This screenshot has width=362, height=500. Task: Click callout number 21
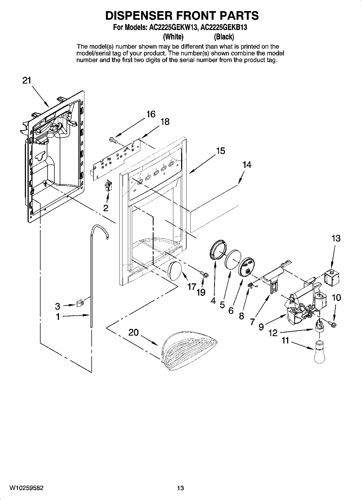pyautogui.click(x=27, y=81)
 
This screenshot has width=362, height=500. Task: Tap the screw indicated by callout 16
pyautogui.click(x=112, y=140)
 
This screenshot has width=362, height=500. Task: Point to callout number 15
pyautogui.click(x=221, y=151)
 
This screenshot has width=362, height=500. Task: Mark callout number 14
pyautogui.click(x=247, y=165)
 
